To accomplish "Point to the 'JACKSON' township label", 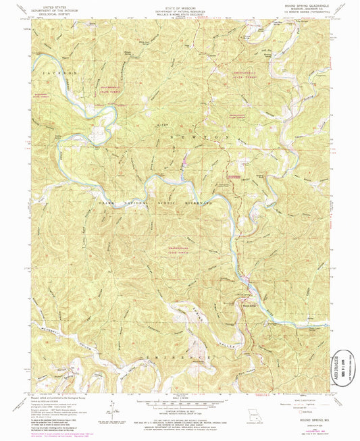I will pyautogui.click(x=53, y=71).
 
